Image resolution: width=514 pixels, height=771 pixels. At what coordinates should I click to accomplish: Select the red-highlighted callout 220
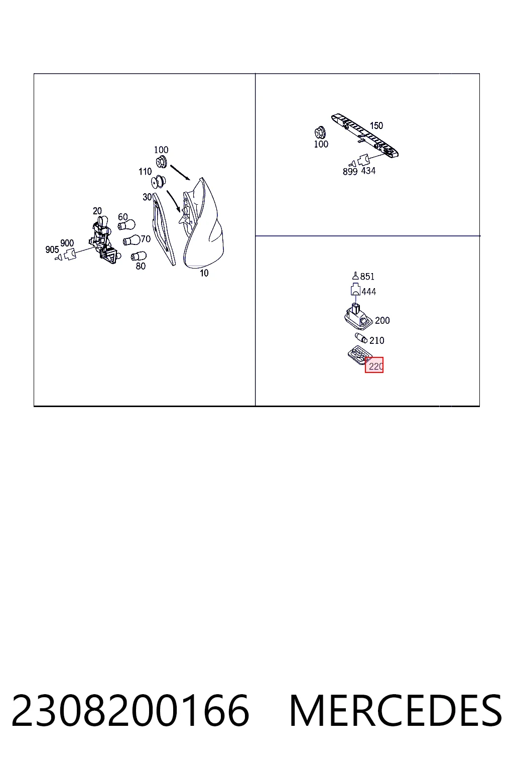pos(374,365)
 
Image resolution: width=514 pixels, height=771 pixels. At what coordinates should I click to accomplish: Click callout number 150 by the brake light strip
pos(376,125)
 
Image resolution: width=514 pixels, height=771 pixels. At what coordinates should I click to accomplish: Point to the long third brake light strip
pos(365,136)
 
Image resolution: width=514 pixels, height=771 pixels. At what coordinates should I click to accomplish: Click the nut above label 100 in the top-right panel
pos(320,133)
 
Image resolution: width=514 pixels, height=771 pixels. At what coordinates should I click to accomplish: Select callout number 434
pos(368,171)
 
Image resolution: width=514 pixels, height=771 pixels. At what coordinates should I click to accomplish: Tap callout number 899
pos(350,171)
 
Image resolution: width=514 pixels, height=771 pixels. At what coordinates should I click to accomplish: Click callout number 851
pos(367,277)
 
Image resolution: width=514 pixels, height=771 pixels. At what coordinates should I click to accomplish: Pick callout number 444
pos(369,292)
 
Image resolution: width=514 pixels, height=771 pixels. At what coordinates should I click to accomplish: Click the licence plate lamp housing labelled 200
pos(358,316)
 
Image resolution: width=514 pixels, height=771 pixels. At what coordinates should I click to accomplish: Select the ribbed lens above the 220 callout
pos(359,355)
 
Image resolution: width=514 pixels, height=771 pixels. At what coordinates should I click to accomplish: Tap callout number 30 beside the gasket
pos(147,197)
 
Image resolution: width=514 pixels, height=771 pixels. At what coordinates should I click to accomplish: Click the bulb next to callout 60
pos(126,225)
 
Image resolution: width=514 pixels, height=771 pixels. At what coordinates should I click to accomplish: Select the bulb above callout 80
pos(139,256)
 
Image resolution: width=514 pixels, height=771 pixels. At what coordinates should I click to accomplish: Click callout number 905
pos(52,249)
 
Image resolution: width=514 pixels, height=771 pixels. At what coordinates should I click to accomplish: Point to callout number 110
pos(145,171)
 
